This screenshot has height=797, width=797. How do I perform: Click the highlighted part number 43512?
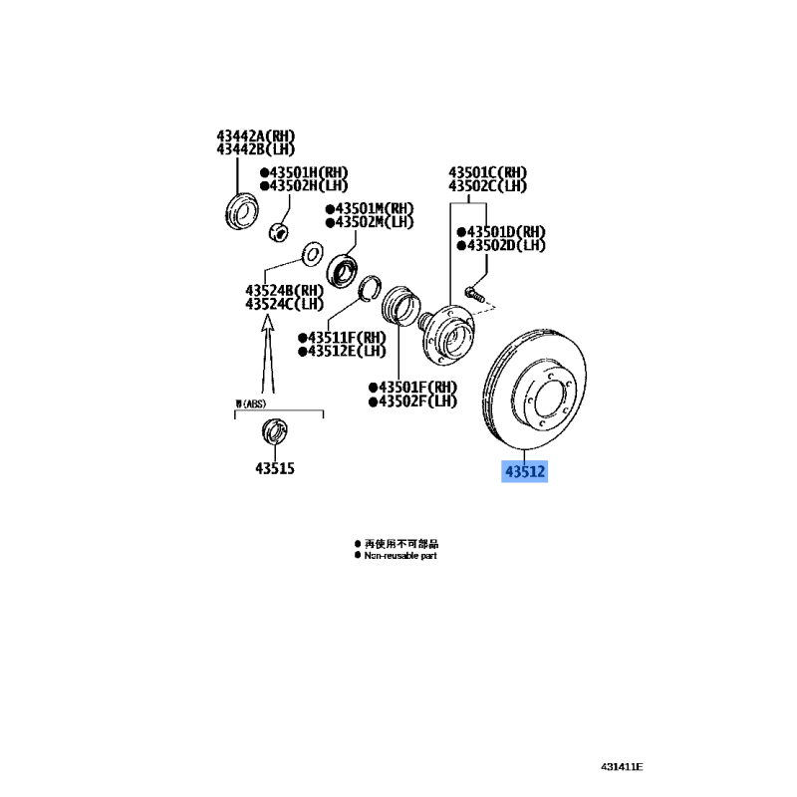click(x=524, y=471)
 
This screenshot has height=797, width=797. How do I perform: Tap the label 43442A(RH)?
click(x=256, y=136)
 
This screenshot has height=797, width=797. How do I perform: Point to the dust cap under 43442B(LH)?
click(x=239, y=211)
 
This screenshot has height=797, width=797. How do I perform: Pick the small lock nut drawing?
click(x=281, y=231)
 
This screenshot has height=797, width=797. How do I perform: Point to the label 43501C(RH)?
click(x=487, y=172)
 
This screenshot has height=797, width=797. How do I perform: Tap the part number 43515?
click(x=275, y=468)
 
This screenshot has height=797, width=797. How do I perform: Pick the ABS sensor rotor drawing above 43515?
click(x=272, y=432)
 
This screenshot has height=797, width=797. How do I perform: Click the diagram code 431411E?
click(x=622, y=767)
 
